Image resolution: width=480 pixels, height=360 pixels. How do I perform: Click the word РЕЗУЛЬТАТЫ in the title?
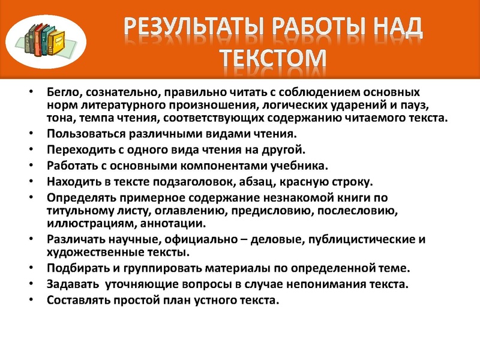(x=190, y=26)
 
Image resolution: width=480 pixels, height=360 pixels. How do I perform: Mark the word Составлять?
(x=79, y=299)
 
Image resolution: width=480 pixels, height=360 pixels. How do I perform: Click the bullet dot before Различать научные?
(x=31, y=239)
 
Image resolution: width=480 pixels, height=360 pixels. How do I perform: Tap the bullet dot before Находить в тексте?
(x=31, y=181)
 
